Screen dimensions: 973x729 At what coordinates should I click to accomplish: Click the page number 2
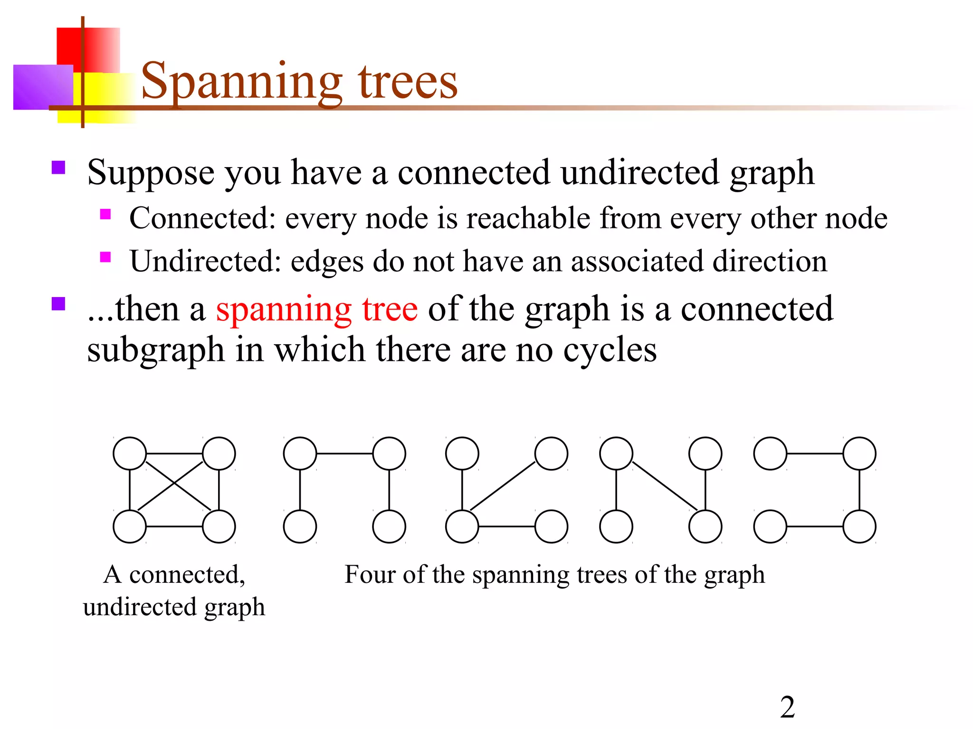click(787, 707)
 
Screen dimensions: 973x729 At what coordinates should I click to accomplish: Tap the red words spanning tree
click(317, 309)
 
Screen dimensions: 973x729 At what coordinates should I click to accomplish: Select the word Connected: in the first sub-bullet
click(202, 218)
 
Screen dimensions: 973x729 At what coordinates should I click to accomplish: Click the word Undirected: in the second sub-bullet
click(206, 262)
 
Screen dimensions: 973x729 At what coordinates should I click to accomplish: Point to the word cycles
click(610, 350)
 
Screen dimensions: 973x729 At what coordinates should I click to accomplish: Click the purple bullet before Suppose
click(58, 168)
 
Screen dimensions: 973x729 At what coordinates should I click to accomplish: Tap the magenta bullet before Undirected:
click(105, 257)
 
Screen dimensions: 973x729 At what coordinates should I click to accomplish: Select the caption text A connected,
click(174, 575)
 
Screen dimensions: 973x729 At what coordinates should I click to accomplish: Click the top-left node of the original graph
click(130, 454)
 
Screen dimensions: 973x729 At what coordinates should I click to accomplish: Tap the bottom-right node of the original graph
click(219, 526)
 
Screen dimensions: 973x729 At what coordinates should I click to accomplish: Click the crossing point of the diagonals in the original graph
click(174, 485)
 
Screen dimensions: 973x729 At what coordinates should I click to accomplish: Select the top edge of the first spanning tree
click(344, 454)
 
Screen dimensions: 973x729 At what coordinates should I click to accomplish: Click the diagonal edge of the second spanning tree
click(503, 486)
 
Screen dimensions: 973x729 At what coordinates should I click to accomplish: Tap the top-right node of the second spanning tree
click(551, 454)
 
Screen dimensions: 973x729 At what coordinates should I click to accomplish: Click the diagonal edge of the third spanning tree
click(665, 486)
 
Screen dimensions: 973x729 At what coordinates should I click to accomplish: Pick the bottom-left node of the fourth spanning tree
click(770, 526)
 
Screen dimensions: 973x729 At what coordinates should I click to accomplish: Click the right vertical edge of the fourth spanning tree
click(859, 490)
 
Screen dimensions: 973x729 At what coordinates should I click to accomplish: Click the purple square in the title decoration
click(43, 87)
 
